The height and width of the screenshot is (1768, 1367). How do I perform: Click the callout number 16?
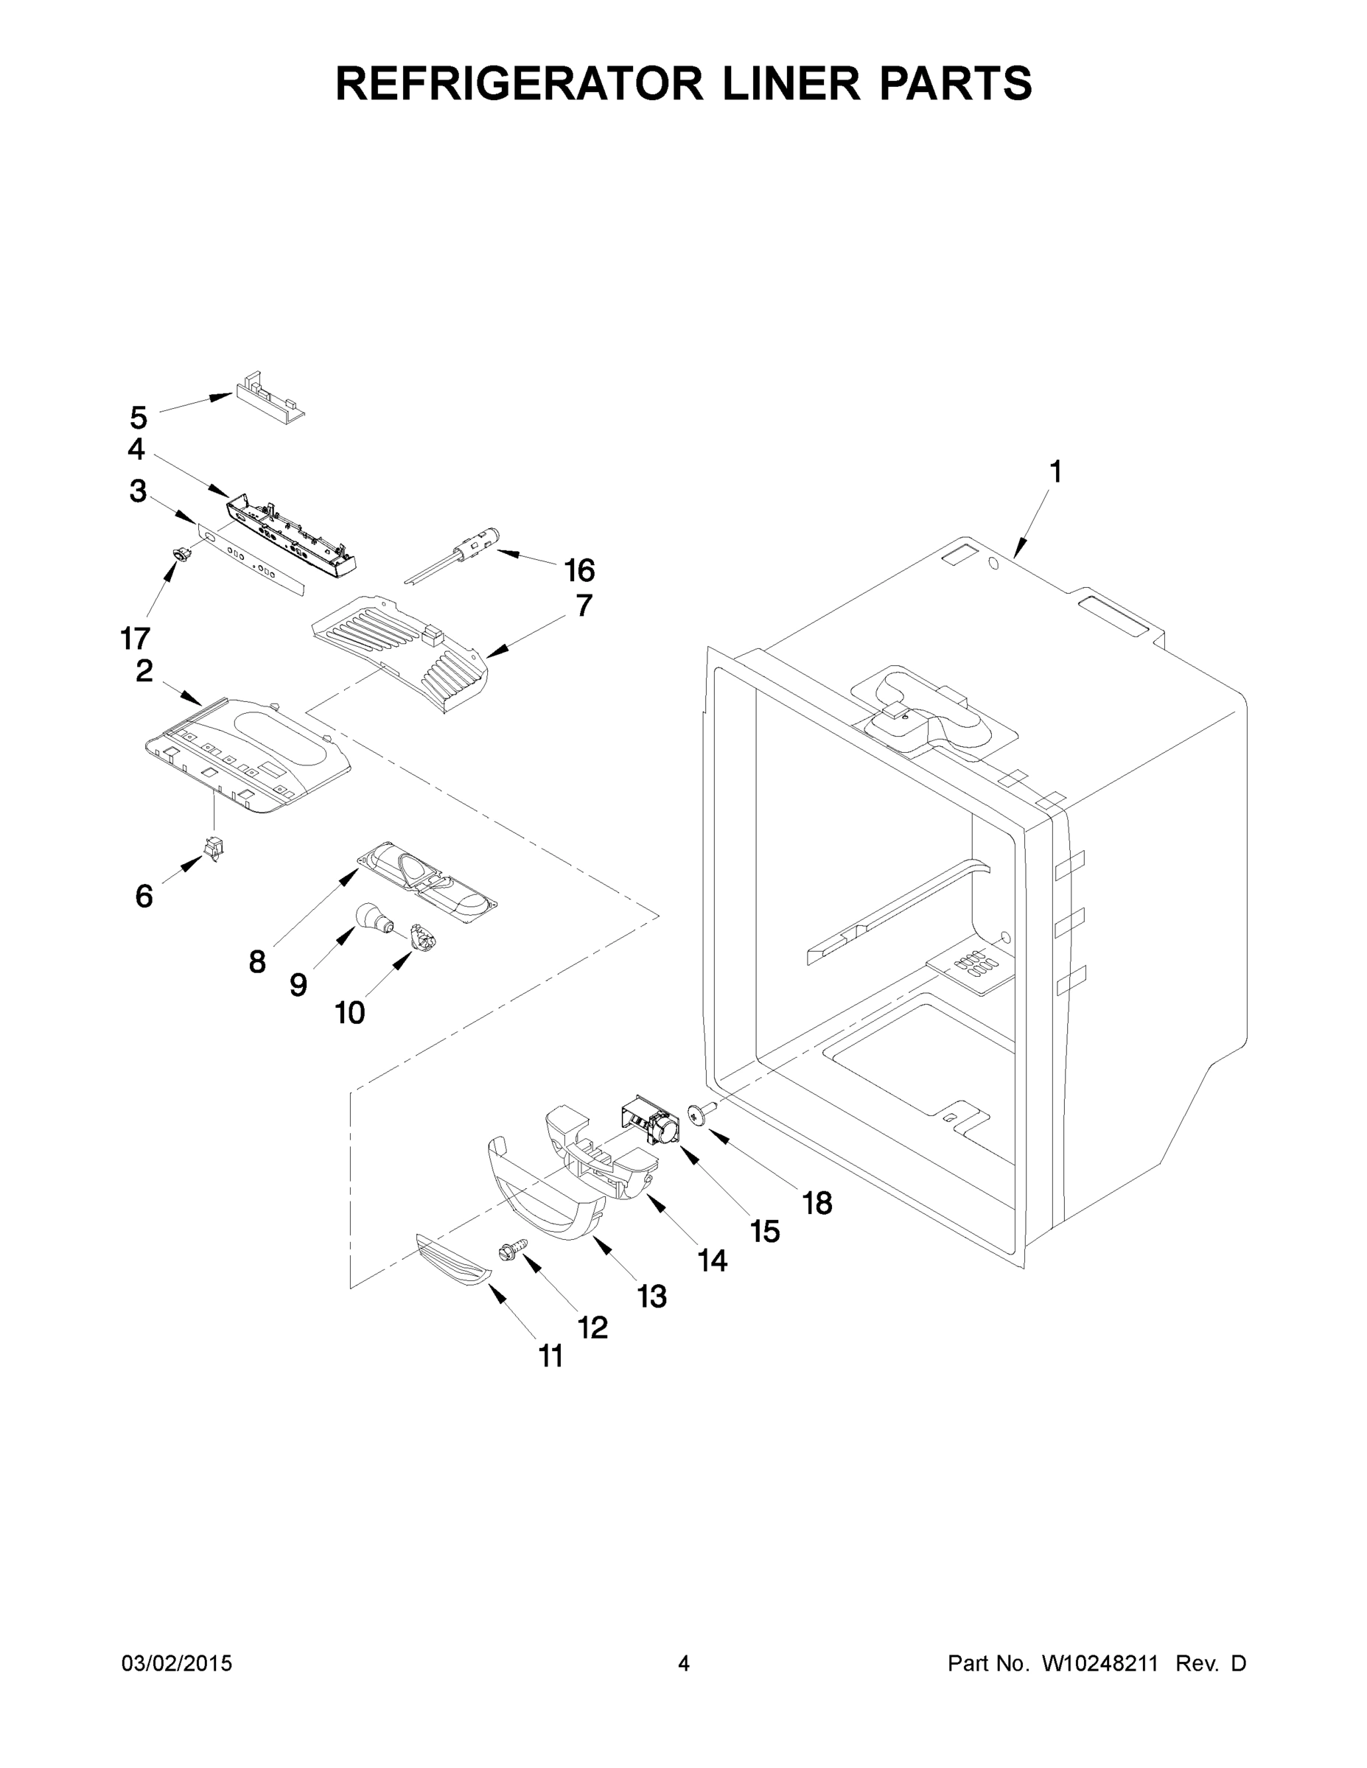(579, 571)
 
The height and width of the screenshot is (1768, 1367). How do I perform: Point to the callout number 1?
(1055, 471)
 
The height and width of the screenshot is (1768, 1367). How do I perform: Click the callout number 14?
(713, 1260)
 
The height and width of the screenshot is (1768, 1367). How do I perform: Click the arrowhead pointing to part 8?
(351, 873)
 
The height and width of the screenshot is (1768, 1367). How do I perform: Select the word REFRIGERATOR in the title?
(519, 83)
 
